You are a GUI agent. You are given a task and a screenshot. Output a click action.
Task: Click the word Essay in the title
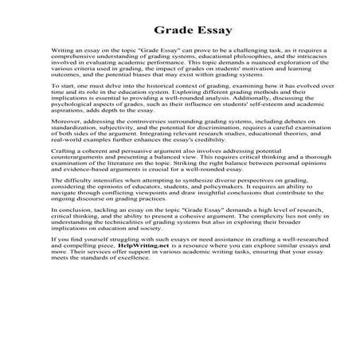[x=211, y=32]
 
